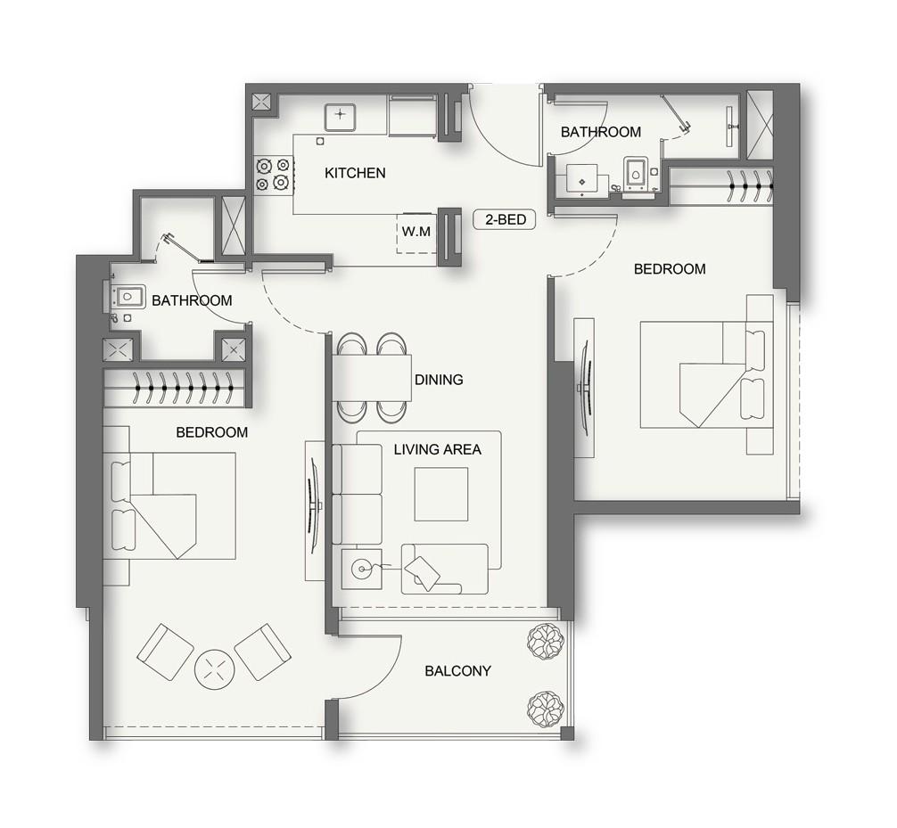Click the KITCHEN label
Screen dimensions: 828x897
point(355,173)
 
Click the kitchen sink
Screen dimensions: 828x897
point(340,116)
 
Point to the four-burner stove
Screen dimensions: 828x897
point(273,174)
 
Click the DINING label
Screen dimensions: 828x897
point(439,380)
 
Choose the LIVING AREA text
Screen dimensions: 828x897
point(437,449)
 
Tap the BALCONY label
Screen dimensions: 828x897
point(457,671)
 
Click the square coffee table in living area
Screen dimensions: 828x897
point(440,495)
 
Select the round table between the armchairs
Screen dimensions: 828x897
point(214,668)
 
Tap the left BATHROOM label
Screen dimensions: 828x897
point(192,300)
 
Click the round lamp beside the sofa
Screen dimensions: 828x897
point(362,567)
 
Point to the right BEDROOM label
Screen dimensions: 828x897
point(669,269)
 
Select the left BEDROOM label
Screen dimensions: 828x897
point(211,432)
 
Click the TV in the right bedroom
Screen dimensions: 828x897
point(584,388)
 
